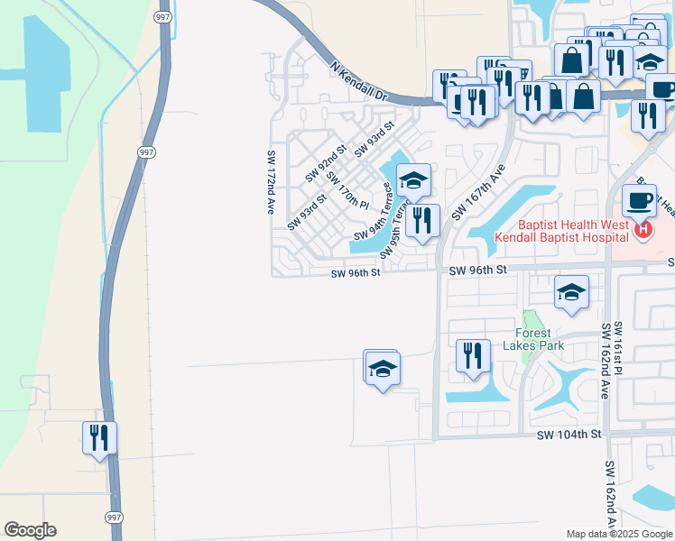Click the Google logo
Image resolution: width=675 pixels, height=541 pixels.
coord(30,530)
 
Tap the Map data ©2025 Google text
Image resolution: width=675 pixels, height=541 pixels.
coord(618,534)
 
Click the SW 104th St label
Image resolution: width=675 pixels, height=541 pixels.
coord(569,435)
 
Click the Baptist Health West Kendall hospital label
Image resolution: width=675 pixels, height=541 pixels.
coord(561,231)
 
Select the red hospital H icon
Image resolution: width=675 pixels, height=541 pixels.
coord(643,231)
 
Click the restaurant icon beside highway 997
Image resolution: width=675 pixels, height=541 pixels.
coord(99,438)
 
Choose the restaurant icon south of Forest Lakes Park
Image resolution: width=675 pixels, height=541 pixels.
coord(473,356)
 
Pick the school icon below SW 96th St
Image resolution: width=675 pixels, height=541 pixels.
coord(571,292)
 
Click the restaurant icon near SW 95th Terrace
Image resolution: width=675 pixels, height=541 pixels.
coord(422,220)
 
